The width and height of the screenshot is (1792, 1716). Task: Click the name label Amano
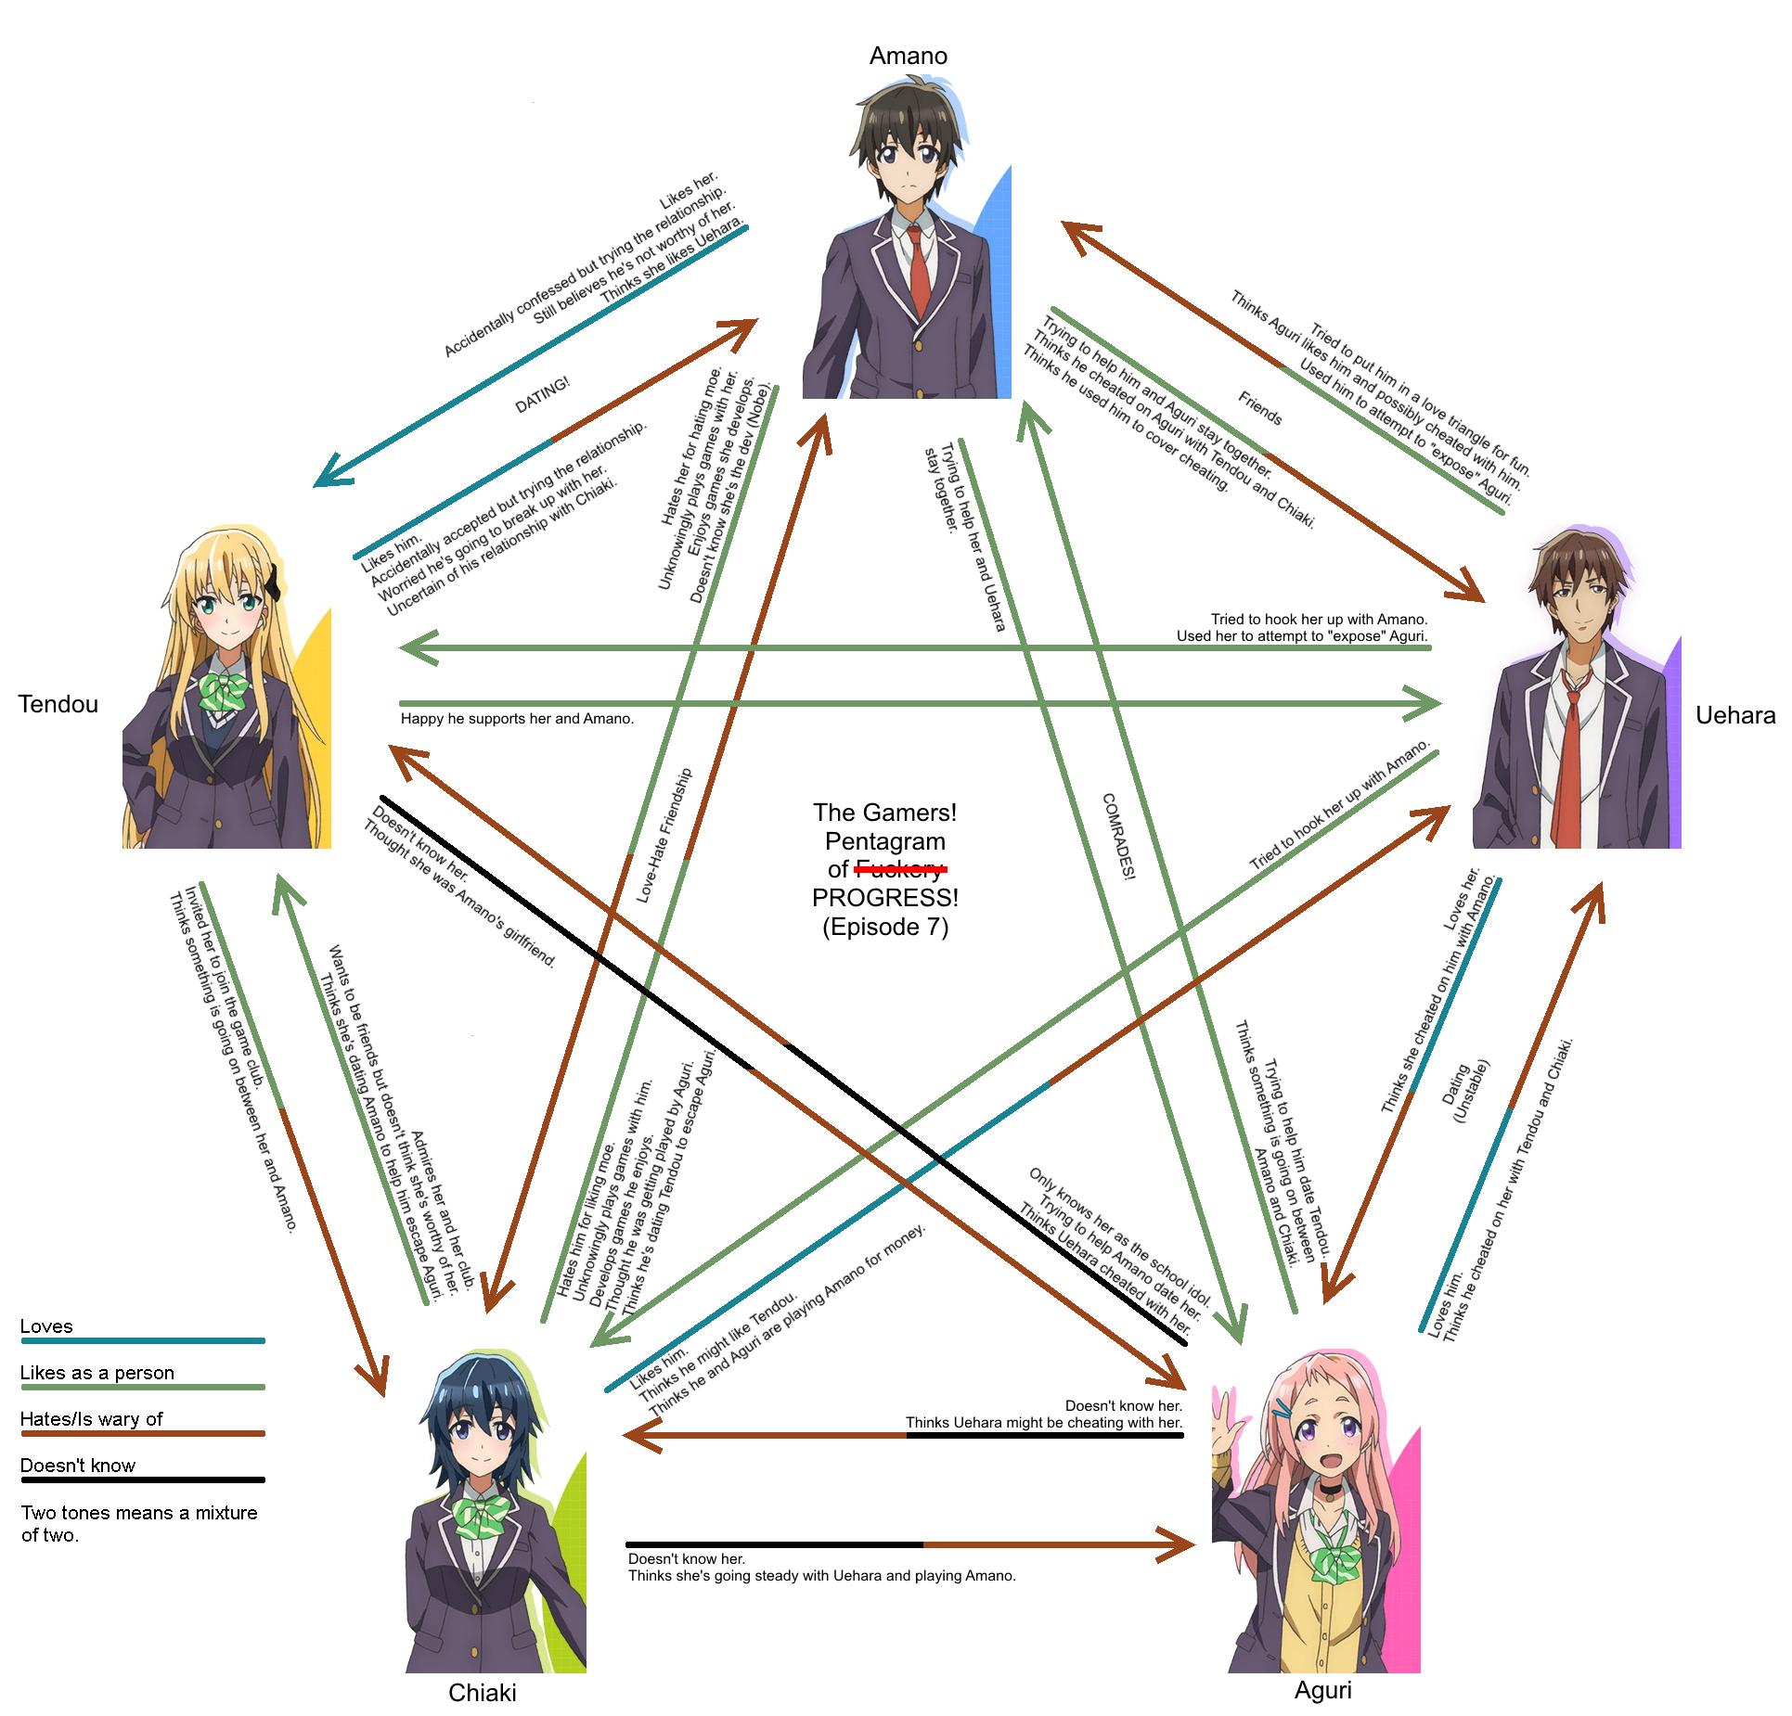pyautogui.click(x=908, y=56)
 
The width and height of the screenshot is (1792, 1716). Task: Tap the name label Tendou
pyautogui.click(x=58, y=704)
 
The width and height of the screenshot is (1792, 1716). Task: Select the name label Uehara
pyautogui.click(x=1735, y=714)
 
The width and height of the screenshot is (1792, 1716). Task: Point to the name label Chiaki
pyautogui.click(x=482, y=1693)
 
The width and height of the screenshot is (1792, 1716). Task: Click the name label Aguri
pyautogui.click(x=1322, y=1690)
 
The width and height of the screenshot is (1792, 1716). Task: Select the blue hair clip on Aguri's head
pyautogui.click(x=1282, y=1409)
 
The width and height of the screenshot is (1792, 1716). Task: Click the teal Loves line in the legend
pyautogui.click(x=142, y=1340)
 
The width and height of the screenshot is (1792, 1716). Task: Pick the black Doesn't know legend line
pyautogui.click(x=142, y=1479)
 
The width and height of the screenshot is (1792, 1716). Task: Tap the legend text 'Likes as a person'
pyautogui.click(x=97, y=1373)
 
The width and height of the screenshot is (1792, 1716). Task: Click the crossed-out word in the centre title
pyautogui.click(x=899, y=869)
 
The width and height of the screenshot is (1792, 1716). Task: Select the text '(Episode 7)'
pyautogui.click(x=885, y=927)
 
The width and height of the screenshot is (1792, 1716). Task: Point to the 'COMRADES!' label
pyautogui.click(x=1119, y=836)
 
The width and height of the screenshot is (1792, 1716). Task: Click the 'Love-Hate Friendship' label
pyautogui.click(x=664, y=834)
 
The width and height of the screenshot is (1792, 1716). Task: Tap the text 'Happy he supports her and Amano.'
pyautogui.click(x=517, y=719)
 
